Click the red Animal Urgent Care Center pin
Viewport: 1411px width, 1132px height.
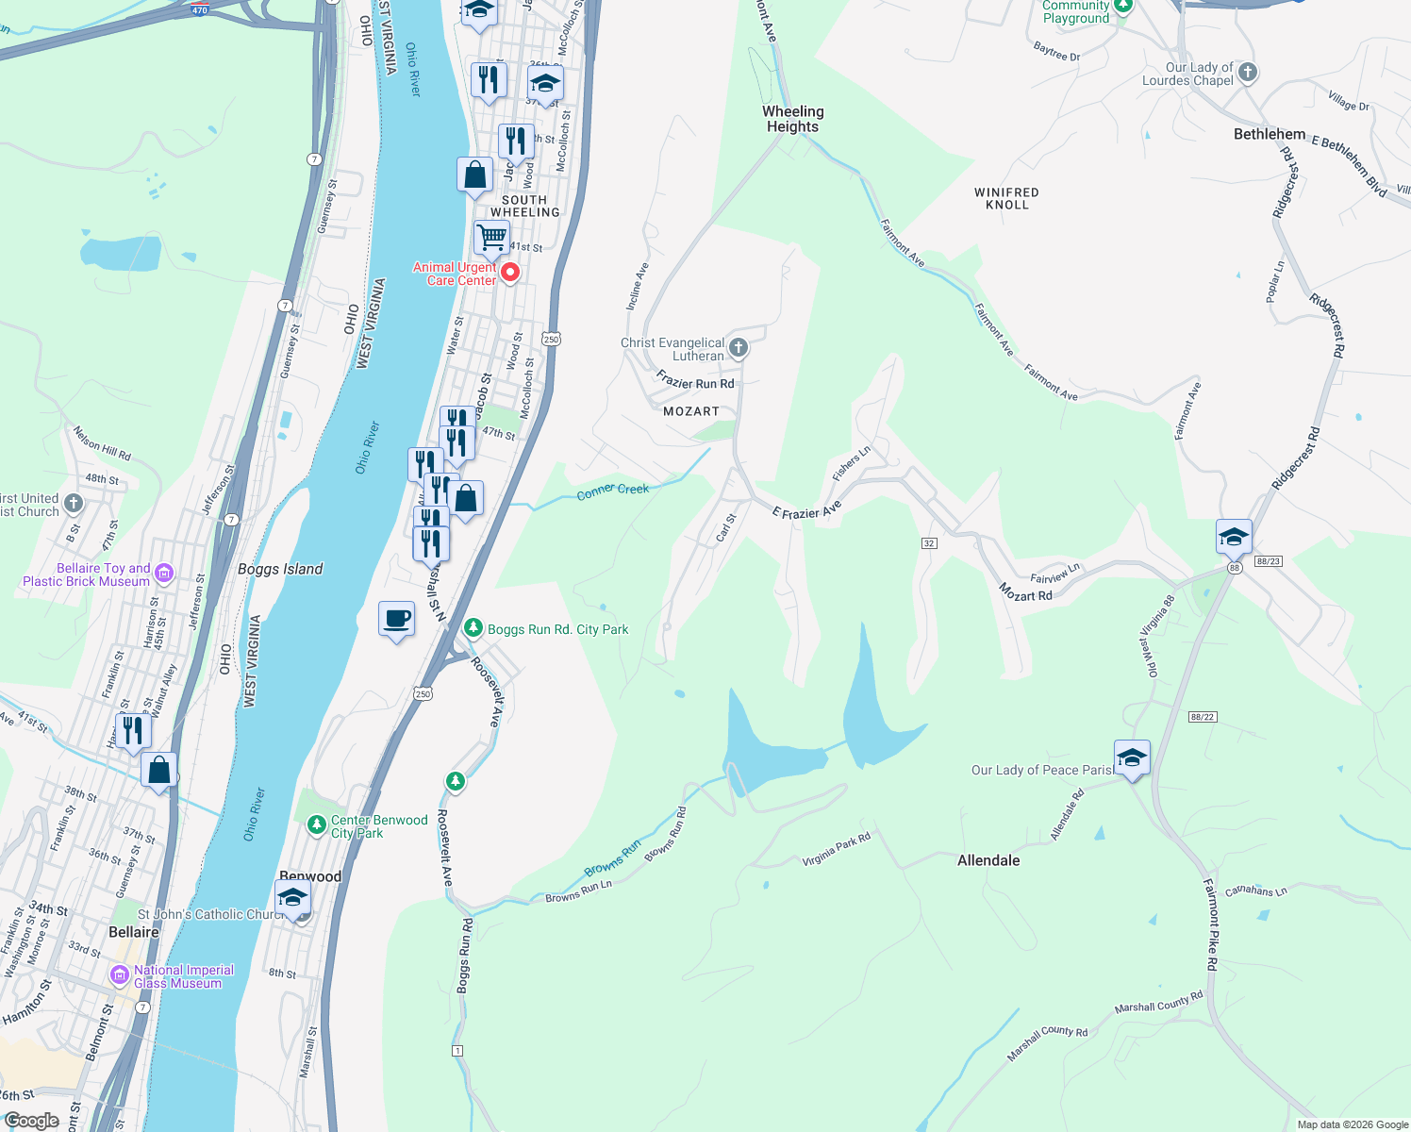(510, 273)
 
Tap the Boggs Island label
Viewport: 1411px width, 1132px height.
(280, 569)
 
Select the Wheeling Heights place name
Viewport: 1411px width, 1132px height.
(792, 119)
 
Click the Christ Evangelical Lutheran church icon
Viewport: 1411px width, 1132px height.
(739, 348)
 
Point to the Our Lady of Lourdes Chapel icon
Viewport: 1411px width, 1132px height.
(1248, 73)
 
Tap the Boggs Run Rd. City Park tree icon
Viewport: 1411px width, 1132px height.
(473, 628)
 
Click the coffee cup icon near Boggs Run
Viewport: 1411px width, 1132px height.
(396, 620)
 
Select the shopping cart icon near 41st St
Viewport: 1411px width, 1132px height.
(490, 238)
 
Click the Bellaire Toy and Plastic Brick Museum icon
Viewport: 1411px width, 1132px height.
(164, 573)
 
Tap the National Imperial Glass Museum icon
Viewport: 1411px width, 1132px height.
(120, 975)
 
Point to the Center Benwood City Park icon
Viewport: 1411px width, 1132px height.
(317, 825)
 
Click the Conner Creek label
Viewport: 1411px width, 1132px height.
(613, 491)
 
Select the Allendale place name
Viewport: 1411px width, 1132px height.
(988, 860)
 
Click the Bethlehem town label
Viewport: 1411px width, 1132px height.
(1270, 134)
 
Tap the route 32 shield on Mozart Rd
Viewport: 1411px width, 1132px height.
(929, 543)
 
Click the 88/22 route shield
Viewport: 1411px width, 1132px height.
(1202, 717)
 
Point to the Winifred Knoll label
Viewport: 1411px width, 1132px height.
(1006, 198)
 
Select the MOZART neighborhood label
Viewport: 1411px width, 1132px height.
(690, 411)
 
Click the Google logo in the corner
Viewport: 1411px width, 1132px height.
(31, 1121)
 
